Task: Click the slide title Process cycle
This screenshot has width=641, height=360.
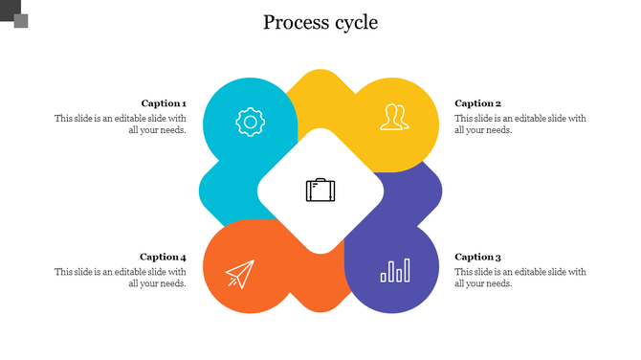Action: pyautogui.click(x=320, y=22)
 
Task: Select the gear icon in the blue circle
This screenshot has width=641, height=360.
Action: pyautogui.click(x=250, y=122)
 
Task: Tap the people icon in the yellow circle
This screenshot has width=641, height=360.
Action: pyautogui.click(x=393, y=117)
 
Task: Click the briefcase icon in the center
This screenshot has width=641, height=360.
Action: pyautogui.click(x=320, y=190)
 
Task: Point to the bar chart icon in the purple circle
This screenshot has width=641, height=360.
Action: pyautogui.click(x=395, y=271)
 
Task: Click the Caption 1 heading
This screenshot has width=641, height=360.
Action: pyautogui.click(x=164, y=103)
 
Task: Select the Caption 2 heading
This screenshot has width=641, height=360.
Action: pyautogui.click(x=478, y=103)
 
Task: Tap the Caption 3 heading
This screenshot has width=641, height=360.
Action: pyautogui.click(x=478, y=257)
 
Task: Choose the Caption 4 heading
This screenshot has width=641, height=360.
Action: pyautogui.click(x=163, y=257)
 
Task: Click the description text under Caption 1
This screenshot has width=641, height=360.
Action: pyautogui.click(x=121, y=124)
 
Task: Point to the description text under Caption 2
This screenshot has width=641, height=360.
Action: pyautogui.click(x=520, y=124)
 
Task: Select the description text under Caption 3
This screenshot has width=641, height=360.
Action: pyautogui.click(x=520, y=278)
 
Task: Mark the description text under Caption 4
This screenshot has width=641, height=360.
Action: pyautogui.click(x=121, y=278)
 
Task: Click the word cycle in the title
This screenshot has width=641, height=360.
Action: pyautogui.click(x=354, y=23)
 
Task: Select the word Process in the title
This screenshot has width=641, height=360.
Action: pyautogui.click(x=294, y=22)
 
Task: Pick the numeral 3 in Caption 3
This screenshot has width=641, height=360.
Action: pyautogui.click(x=498, y=257)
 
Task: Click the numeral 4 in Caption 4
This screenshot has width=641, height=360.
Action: pyautogui.click(x=183, y=257)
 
